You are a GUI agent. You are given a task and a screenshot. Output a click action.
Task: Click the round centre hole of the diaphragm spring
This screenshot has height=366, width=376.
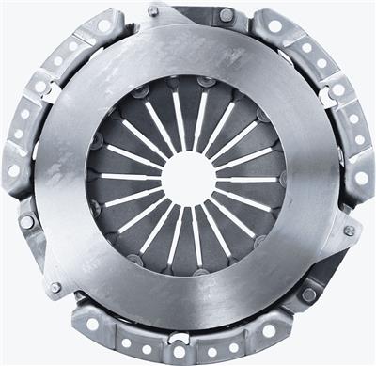[187, 177]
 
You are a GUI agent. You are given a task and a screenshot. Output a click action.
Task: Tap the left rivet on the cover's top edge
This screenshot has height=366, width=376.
[153, 11]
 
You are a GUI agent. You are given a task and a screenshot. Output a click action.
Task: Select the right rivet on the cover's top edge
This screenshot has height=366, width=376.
[226, 15]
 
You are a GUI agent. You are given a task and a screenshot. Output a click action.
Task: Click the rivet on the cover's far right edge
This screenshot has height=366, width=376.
[350, 231]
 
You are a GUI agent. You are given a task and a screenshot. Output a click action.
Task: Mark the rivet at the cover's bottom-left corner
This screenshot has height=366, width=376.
[55, 287]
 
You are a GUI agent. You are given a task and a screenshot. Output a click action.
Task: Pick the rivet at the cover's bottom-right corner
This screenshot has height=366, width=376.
[309, 294]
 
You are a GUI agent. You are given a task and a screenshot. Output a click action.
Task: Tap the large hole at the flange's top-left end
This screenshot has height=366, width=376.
[104, 26]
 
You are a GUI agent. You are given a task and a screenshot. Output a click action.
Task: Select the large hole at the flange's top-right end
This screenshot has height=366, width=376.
[275, 26]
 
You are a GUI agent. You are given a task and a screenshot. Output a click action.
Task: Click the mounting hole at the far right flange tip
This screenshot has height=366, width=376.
[361, 178]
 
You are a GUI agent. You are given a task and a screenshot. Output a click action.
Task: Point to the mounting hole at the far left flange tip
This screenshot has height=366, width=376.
[13, 170]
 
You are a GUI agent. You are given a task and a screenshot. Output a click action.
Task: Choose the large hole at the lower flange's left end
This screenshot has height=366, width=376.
[93, 324]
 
